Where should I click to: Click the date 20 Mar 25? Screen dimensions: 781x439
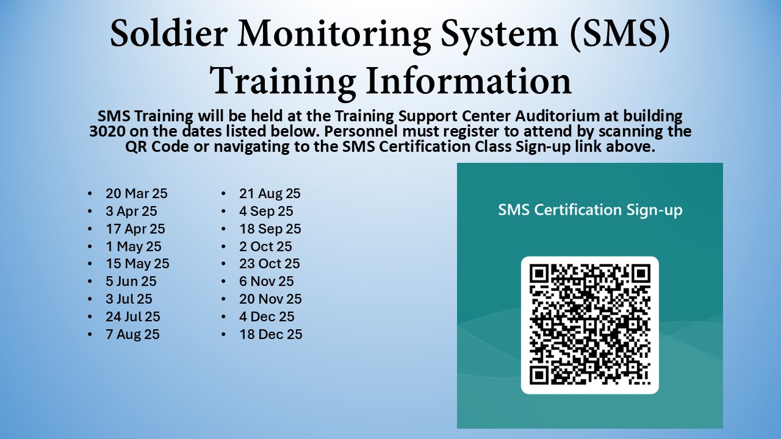(x=137, y=193)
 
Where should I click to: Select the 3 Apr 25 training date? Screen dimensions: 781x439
(x=131, y=211)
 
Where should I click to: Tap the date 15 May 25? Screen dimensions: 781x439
(x=137, y=264)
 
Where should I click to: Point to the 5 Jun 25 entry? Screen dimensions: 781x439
(x=131, y=281)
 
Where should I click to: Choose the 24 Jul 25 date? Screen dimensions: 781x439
(x=133, y=316)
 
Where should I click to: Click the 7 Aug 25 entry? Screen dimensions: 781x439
(x=132, y=334)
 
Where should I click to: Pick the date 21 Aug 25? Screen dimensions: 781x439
(x=270, y=193)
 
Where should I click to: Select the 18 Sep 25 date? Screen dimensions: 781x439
(x=270, y=229)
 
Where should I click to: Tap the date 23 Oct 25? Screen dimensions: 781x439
(x=270, y=264)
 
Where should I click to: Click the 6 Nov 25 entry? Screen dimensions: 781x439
(x=267, y=281)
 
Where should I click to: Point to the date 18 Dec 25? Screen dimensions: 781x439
(x=271, y=334)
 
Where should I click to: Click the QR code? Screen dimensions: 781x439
(x=590, y=325)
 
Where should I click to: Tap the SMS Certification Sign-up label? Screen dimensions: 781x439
(x=590, y=210)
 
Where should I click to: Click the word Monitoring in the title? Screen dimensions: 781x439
(x=334, y=34)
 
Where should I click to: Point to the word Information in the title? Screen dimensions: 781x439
(x=468, y=81)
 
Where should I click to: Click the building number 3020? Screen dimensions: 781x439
(x=107, y=131)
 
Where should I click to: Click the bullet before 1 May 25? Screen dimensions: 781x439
(x=90, y=246)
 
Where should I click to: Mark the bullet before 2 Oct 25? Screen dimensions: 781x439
(x=223, y=246)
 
